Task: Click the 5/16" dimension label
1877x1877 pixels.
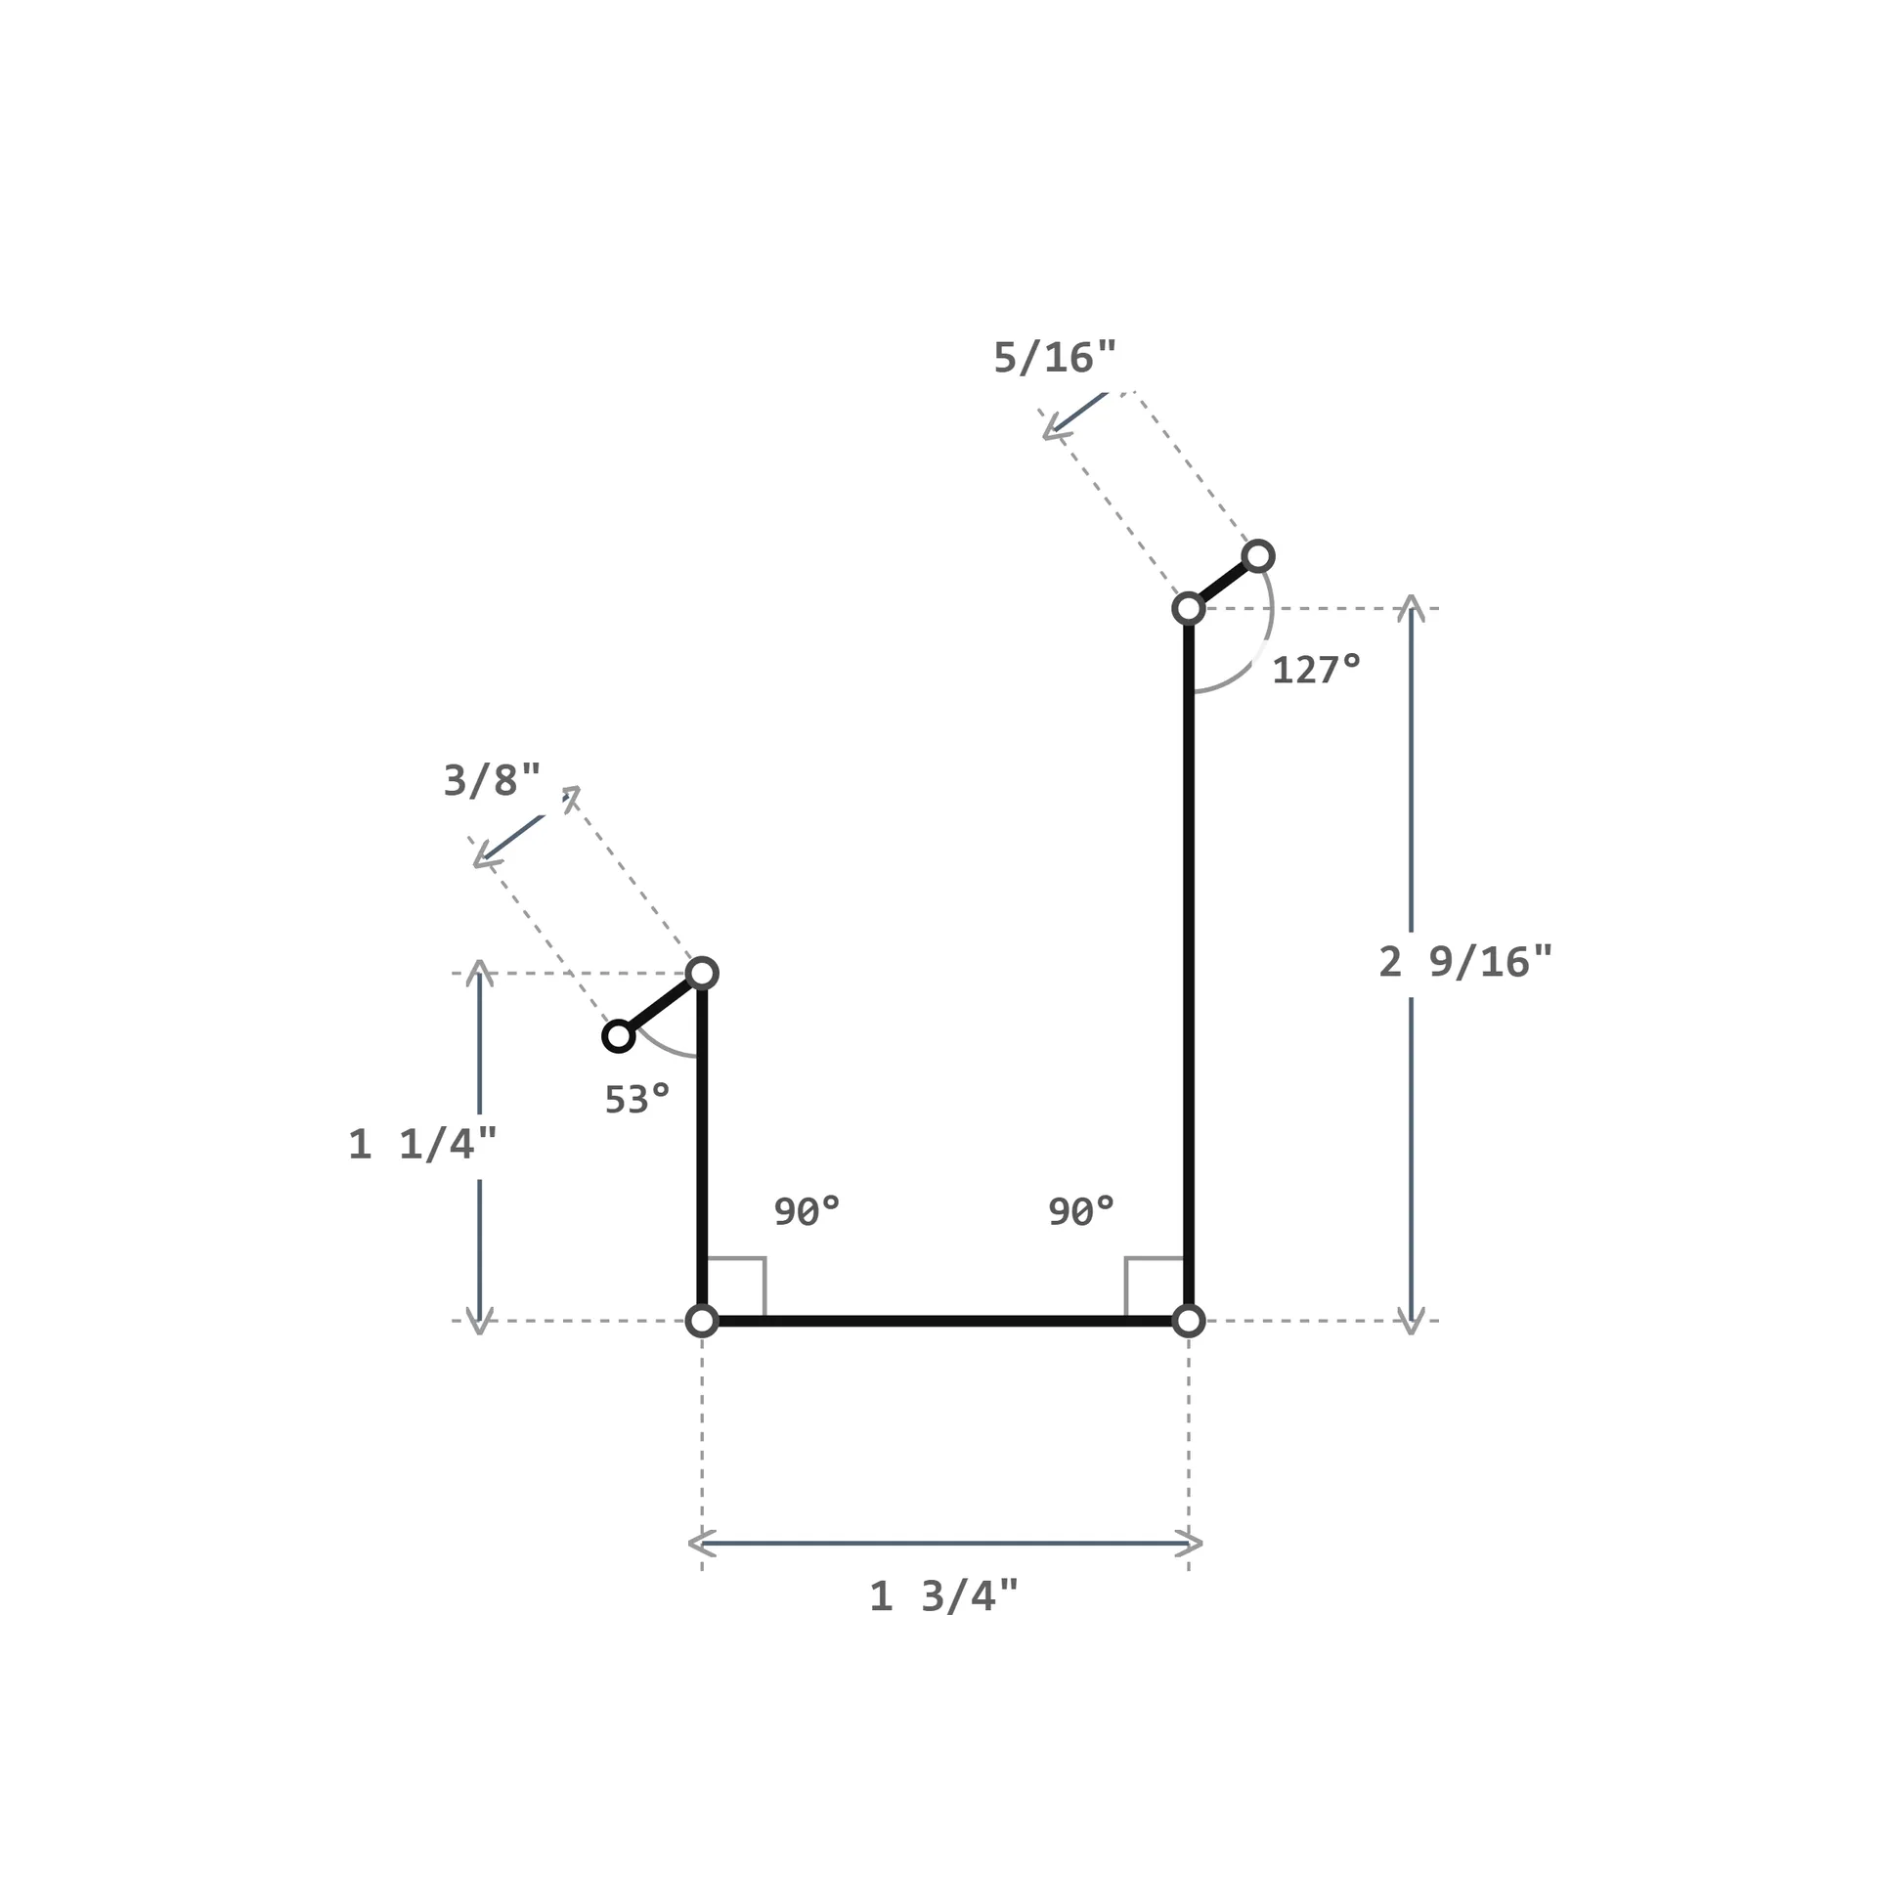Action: [x=1055, y=358]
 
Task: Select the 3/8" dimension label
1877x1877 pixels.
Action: [x=492, y=780]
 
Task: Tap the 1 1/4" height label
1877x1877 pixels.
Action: [x=422, y=1144]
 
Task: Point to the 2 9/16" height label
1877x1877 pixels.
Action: [x=1465, y=962]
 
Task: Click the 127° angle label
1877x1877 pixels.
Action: [x=1316, y=670]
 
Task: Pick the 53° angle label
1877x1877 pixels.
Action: [x=637, y=1100]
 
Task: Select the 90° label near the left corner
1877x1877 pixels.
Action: [x=807, y=1211]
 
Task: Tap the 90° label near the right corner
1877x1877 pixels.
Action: [x=1081, y=1211]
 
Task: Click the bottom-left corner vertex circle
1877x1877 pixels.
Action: [x=702, y=1321]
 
